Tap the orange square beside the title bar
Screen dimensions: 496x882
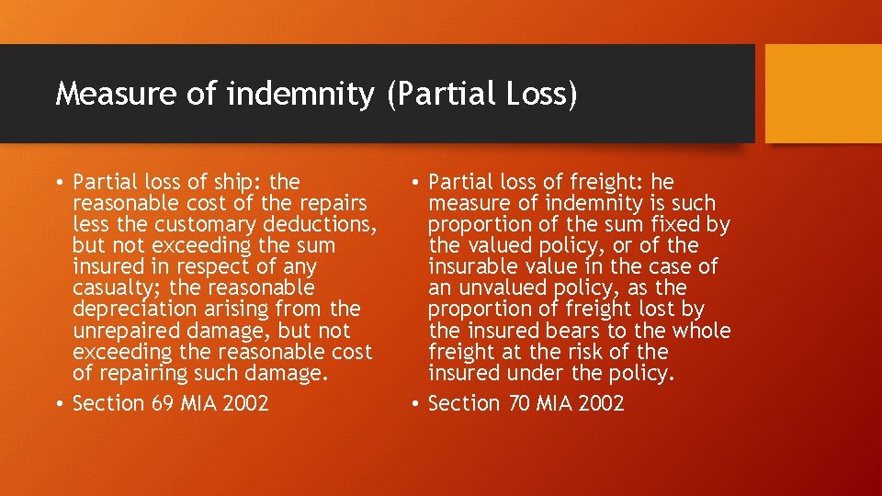(823, 94)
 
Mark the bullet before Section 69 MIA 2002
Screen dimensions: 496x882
(60, 403)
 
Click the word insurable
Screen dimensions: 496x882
(472, 266)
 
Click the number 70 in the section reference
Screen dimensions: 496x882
(519, 403)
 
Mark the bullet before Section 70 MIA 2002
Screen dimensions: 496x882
(416, 403)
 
